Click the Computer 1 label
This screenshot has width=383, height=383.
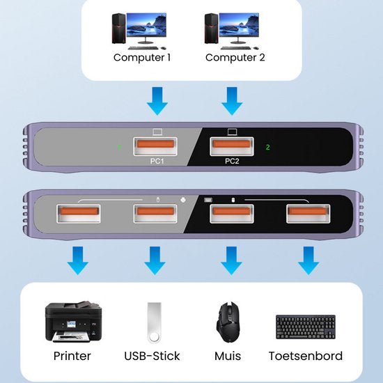click(142, 58)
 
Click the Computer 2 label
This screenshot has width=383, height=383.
click(235, 58)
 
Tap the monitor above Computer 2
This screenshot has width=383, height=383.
click(241, 27)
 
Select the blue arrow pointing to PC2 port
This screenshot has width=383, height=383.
click(231, 102)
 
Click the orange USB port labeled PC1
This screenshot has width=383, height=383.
click(157, 147)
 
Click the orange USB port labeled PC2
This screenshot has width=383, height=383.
click(232, 147)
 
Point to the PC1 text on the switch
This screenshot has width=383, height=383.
click(157, 162)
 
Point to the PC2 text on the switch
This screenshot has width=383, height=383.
click(232, 162)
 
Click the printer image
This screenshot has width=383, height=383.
click(72, 320)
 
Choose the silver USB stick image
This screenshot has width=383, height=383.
click(154, 321)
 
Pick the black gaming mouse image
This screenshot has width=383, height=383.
click(228, 321)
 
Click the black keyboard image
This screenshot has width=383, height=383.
click(305, 326)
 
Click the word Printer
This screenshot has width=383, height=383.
click(72, 356)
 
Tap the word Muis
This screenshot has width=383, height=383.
click(228, 356)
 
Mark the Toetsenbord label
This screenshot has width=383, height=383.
click(306, 356)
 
